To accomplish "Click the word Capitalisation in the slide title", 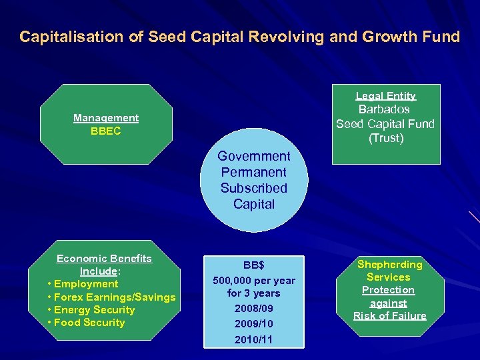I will [x=71, y=37].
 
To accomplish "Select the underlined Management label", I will [x=106, y=118].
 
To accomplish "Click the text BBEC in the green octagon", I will [x=106, y=131].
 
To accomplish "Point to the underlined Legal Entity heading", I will [x=385, y=96].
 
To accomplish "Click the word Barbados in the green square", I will [x=384, y=109].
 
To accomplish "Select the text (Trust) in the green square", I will [x=386, y=138].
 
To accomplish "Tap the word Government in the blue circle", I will [x=254, y=156].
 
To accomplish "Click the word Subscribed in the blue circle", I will [x=254, y=188].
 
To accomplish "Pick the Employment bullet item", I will [x=86, y=284].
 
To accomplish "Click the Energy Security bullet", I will [x=95, y=310].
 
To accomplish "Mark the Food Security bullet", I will [x=90, y=323].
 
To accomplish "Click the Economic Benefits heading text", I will [x=104, y=259].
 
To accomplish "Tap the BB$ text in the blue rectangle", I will [x=253, y=265].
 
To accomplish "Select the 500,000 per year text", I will [x=253, y=281].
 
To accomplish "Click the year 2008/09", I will [x=253, y=309].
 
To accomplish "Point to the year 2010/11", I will [x=253, y=339].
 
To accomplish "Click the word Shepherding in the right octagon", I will [x=389, y=265].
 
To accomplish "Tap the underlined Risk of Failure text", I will [x=389, y=316].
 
